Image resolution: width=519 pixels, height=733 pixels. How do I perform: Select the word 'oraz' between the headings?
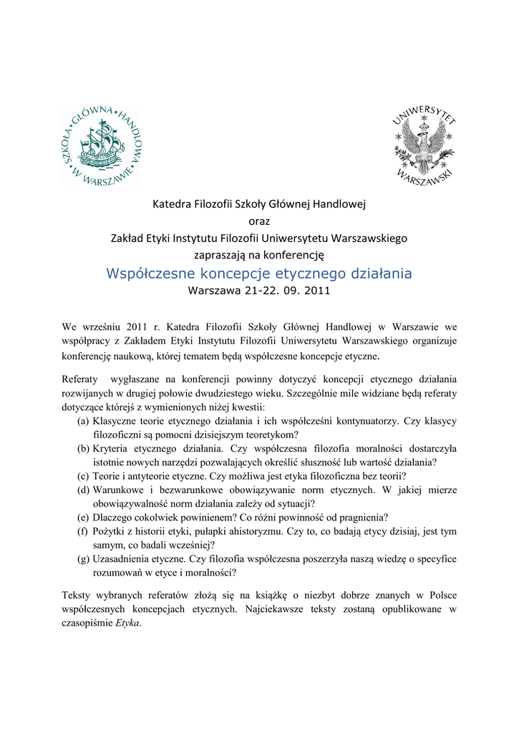tap(259, 221)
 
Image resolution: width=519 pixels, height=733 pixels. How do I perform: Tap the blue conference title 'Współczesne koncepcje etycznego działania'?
tap(259, 273)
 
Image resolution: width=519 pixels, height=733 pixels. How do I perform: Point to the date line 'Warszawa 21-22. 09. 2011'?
tap(259, 291)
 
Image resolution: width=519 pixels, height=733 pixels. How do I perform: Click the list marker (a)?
tap(84, 422)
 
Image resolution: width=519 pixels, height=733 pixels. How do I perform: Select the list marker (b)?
tap(84, 449)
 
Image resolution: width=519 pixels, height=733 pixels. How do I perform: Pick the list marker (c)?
tap(84, 476)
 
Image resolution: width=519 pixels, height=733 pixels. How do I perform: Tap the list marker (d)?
tap(84, 490)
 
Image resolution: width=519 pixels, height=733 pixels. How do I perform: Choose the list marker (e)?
tap(84, 517)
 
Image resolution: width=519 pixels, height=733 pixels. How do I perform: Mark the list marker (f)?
tap(83, 531)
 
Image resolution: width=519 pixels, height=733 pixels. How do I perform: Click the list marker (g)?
tap(84, 558)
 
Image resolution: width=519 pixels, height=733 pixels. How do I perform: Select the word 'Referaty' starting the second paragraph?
tap(79, 379)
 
